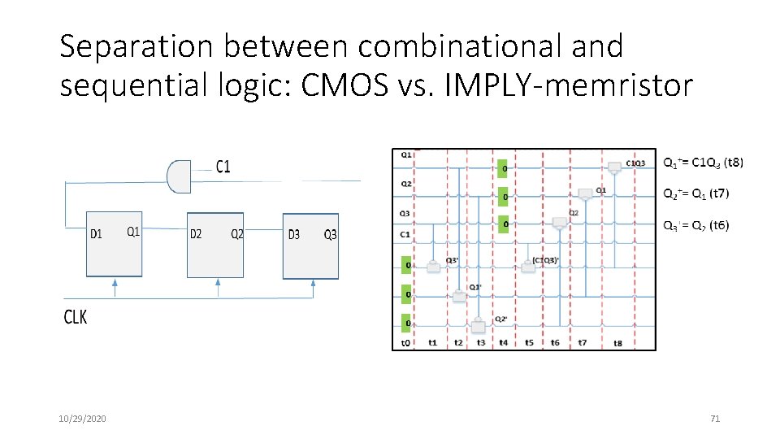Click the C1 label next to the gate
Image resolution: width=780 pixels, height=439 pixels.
pyautogui.click(x=223, y=167)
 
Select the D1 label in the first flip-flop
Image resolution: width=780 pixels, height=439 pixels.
pyautogui.click(x=96, y=234)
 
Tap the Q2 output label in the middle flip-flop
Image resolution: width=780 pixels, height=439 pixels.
pyautogui.click(x=236, y=234)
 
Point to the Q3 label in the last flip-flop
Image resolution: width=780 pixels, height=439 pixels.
pyautogui.click(x=330, y=234)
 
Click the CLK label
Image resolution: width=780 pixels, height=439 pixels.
pyautogui.click(x=75, y=317)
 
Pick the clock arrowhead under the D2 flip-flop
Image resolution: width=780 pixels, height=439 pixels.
pyautogui.click(x=217, y=283)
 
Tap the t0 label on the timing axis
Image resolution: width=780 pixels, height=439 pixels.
pyautogui.click(x=405, y=343)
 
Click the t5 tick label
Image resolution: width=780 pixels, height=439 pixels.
pyautogui.click(x=529, y=343)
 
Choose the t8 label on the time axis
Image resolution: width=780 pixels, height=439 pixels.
pyautogui.click(x=617, y=343)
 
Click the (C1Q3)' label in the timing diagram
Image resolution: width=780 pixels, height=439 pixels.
pyautogui.click(x=544, y=260)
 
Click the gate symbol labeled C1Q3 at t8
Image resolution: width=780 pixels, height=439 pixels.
pyautogui.click(x=614, y=166)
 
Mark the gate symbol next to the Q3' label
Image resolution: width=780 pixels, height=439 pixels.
pyautogui.click(x=433, y=266)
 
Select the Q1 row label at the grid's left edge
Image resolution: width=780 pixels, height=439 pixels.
pyautogui.click(x=405, y=154)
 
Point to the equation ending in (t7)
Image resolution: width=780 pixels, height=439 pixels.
pyautogui.click(x=696, y=193)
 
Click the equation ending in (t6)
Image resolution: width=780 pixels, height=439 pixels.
pyautogui.click(x=696, y=225)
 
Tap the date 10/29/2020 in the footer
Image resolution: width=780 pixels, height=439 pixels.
pyautogui.click(x=82, y=419)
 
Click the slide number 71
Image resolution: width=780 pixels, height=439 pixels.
pyautogui.click(x=715, y=419)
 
